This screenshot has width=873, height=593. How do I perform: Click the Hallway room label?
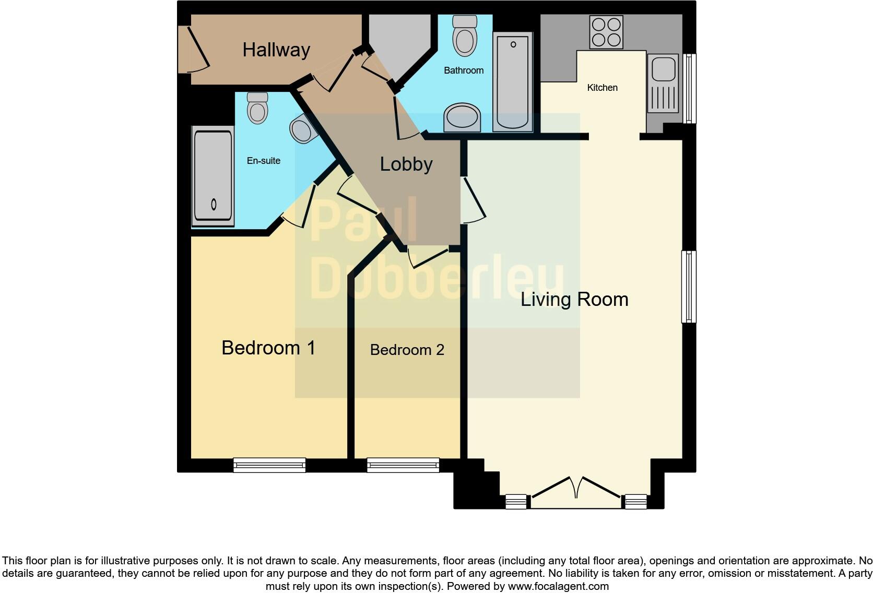(276, 50)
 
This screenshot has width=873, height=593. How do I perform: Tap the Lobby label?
(406, 164)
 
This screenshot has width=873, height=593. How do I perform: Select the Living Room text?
(574, 300)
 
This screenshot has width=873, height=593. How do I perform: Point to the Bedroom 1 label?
(268, 348)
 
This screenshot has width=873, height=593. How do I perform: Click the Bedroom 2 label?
(407, 350)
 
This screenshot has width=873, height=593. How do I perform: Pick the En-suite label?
(264, 161)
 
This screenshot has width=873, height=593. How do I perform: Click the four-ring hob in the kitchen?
(606, 32)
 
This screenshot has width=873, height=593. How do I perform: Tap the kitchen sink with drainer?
(663, 84)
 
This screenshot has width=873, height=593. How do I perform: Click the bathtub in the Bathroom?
(513, 81)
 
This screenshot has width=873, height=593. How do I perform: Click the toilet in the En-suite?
(257, 108)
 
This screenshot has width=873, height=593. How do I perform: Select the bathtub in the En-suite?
(213, 176)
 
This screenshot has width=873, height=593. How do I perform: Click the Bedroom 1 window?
(269, 465)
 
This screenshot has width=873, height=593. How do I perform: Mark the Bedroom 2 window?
(403, 465)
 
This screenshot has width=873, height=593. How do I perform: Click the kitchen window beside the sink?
(690, 88)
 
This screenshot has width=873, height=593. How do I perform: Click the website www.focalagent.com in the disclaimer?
(558, 586)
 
